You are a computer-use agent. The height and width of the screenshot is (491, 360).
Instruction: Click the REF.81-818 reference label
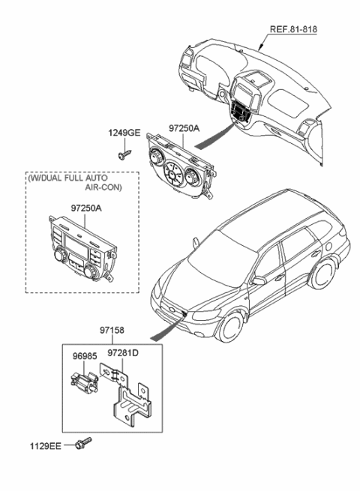click(293, 29)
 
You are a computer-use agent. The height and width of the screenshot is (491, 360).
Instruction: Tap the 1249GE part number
click(124, 133)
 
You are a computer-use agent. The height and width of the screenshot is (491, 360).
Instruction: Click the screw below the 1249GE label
click(124, 154)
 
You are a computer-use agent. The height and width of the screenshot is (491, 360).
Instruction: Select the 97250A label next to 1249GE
click(184, 128)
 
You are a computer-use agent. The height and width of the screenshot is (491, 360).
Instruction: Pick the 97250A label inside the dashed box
click(86, 208)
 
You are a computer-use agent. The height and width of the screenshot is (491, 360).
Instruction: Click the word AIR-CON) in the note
click(103, 187)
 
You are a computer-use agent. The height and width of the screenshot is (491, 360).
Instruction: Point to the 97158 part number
click(112, 330)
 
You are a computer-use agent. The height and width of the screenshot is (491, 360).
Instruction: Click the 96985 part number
click(85, 356)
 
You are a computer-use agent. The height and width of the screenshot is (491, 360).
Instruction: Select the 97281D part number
click(123, 353)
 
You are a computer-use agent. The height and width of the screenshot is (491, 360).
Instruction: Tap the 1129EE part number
click(46, 446)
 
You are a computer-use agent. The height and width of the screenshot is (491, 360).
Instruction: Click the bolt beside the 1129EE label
click(83, 443)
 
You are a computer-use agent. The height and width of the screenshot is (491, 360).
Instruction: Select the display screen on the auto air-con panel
click(76, 245)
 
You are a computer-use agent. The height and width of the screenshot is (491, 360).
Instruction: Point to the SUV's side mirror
click(259, 280)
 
